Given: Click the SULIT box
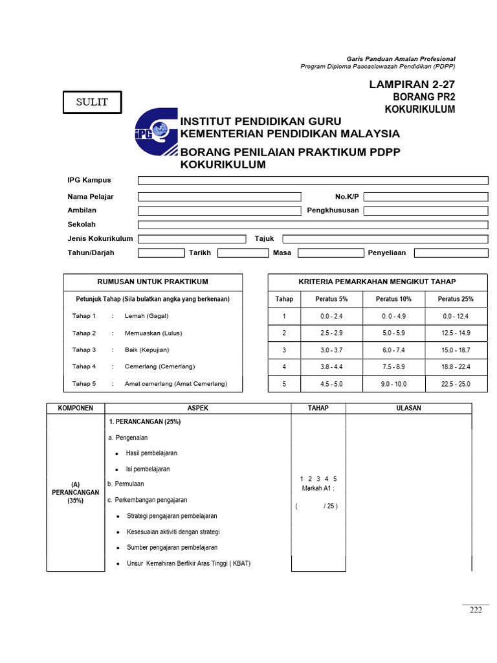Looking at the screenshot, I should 92,102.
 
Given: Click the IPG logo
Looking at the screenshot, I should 155,135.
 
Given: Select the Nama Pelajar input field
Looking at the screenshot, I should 219,196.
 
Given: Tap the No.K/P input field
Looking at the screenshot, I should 425,196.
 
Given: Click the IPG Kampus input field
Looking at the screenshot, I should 313,180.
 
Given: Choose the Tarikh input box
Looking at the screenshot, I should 243,253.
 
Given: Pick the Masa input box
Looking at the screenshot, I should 326,253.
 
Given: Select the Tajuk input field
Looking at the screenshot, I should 385,239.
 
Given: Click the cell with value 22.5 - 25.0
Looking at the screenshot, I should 456,384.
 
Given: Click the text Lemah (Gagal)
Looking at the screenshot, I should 146,316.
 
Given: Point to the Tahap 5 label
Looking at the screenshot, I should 84,383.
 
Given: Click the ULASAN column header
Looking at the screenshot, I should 408,408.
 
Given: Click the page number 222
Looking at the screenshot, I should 476,610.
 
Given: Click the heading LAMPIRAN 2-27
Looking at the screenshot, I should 412,85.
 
